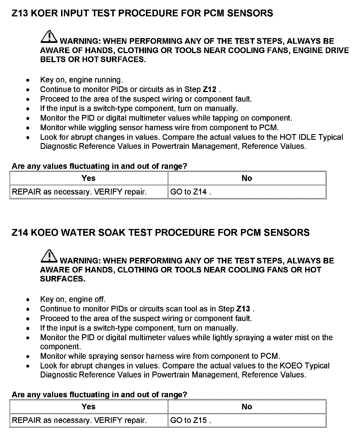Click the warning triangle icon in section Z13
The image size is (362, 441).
click(49, 37)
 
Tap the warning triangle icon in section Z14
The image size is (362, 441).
click(49, 256)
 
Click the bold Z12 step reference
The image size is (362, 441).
click(210, 89)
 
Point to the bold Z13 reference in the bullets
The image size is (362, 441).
click(243, 309)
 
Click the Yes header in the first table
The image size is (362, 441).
click(89, 178)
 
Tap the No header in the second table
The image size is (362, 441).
click(247, 407)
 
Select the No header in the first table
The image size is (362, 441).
click(247, 178)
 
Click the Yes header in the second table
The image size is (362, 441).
click(89, 407)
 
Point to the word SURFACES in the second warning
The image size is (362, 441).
click(63, 279)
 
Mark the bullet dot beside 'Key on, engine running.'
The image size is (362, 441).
click(27, 80)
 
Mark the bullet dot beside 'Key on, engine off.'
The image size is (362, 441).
click(27, 300)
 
